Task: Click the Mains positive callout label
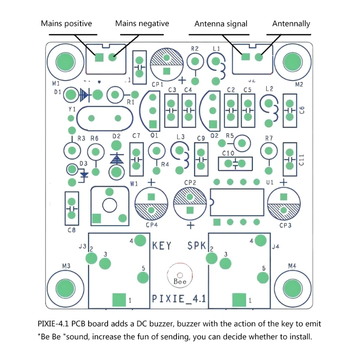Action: coord(67,23)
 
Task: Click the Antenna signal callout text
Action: coord(220,23)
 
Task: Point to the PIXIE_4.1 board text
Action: coord(179,298)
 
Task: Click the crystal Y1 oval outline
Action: coord(104,118)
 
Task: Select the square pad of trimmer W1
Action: coord(96,218)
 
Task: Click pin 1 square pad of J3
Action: coord(119,299)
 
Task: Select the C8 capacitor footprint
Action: coord(72,208)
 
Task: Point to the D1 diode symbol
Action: coord(85,94)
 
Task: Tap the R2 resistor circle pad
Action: coord(195,61)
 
